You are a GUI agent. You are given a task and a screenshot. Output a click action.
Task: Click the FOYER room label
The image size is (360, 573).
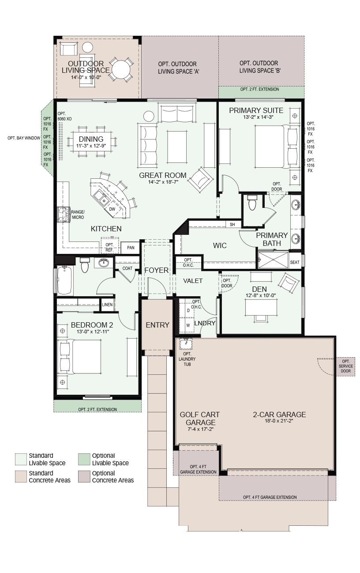157,270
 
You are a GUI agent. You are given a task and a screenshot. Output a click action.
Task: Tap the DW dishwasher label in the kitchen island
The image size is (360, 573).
112,209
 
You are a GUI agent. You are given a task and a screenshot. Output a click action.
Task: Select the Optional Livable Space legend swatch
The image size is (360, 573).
84,460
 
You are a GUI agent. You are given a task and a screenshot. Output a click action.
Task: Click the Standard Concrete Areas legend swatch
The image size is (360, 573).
21,477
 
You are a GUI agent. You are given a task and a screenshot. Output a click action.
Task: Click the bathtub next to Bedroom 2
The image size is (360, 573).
64,280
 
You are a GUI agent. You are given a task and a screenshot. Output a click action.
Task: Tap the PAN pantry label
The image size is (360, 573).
131,248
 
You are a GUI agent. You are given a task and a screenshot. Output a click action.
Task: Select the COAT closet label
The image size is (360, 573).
127,268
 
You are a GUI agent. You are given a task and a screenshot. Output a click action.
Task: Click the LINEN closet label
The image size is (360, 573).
107,305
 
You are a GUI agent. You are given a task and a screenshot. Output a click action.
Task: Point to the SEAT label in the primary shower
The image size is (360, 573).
295,262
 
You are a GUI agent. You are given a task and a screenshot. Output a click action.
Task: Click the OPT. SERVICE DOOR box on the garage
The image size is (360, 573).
346,366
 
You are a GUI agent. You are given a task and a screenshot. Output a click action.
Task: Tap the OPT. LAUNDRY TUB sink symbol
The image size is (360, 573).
186,343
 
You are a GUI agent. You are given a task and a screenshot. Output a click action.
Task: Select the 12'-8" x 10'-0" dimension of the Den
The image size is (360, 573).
261,295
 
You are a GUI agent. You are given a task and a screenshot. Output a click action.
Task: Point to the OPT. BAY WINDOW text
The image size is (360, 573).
24,138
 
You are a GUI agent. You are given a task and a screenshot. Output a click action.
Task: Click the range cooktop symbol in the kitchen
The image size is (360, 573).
64,215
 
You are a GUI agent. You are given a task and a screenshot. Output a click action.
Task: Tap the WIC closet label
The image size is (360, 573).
220,245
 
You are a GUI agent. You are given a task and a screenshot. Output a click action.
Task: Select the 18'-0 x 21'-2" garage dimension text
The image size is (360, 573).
279,421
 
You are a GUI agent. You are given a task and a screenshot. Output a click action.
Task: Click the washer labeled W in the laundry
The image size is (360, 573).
187,325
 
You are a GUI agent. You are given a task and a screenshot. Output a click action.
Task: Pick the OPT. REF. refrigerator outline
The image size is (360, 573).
110,245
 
